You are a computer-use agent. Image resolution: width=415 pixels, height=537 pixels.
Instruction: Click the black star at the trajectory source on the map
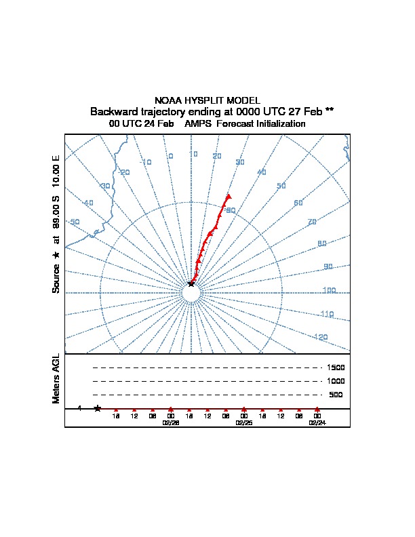point(191,283)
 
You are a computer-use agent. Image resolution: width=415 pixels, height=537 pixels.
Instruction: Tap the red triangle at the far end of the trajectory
point(229,197)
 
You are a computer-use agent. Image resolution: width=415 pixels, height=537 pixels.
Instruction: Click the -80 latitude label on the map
point(230,210)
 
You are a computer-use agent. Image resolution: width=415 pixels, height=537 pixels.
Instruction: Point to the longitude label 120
point(321,337)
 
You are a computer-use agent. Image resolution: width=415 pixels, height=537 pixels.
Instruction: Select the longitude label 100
point(329,291)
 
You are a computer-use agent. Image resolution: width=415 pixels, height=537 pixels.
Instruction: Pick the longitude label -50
point(74,222)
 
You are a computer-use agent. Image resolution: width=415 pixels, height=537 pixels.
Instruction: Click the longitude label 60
point(298,203)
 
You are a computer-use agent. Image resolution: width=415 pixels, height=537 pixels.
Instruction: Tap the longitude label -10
point(146,162)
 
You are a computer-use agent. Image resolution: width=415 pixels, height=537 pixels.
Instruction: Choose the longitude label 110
point(327,314)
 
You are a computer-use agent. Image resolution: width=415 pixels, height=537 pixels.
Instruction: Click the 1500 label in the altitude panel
point(336,367)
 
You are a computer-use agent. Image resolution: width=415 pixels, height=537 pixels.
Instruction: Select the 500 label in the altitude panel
point(336,395)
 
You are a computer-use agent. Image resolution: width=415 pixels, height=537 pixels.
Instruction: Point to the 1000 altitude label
point(336,381)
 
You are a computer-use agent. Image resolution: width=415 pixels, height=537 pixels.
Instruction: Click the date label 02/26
point(170,422)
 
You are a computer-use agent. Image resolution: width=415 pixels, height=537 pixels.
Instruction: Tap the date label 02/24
point(317,422)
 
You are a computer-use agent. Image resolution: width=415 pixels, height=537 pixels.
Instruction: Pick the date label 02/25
point(243,422)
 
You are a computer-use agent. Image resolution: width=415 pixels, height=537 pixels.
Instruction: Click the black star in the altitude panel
point(98,408)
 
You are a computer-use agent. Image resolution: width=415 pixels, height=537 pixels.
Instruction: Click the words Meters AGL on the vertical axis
point(56,379)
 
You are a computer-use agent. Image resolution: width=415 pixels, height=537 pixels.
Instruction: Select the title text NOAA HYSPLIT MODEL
point(207,100)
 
